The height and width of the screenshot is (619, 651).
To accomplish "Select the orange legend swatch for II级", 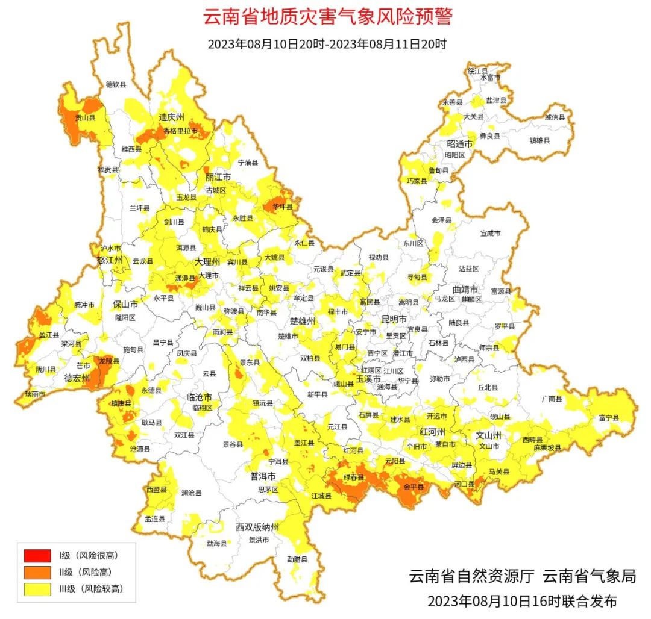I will (x=37, y=572).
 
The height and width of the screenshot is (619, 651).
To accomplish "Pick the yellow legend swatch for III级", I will (x=37, y=589).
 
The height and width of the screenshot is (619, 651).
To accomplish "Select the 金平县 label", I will (x=414, y=487).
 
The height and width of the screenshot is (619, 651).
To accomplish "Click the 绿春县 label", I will (x=354, y=477).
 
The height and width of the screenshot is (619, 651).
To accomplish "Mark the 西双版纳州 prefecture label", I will (x=257, y=527).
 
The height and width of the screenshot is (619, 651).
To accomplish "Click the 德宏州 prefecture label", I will (x=77, y=378).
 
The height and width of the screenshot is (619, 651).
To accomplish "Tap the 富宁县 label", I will (x=609, y=417).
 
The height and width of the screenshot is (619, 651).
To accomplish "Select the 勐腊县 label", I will (x=297, y=559).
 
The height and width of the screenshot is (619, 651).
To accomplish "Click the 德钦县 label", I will (x=116, y=84).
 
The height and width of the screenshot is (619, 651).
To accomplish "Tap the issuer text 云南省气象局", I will (x=589, y=576).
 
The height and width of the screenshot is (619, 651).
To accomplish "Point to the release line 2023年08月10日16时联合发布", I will (x=522, y=601).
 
